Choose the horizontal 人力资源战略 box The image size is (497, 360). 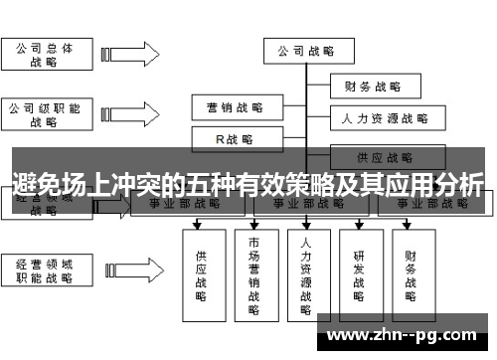tap(384, 119)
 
